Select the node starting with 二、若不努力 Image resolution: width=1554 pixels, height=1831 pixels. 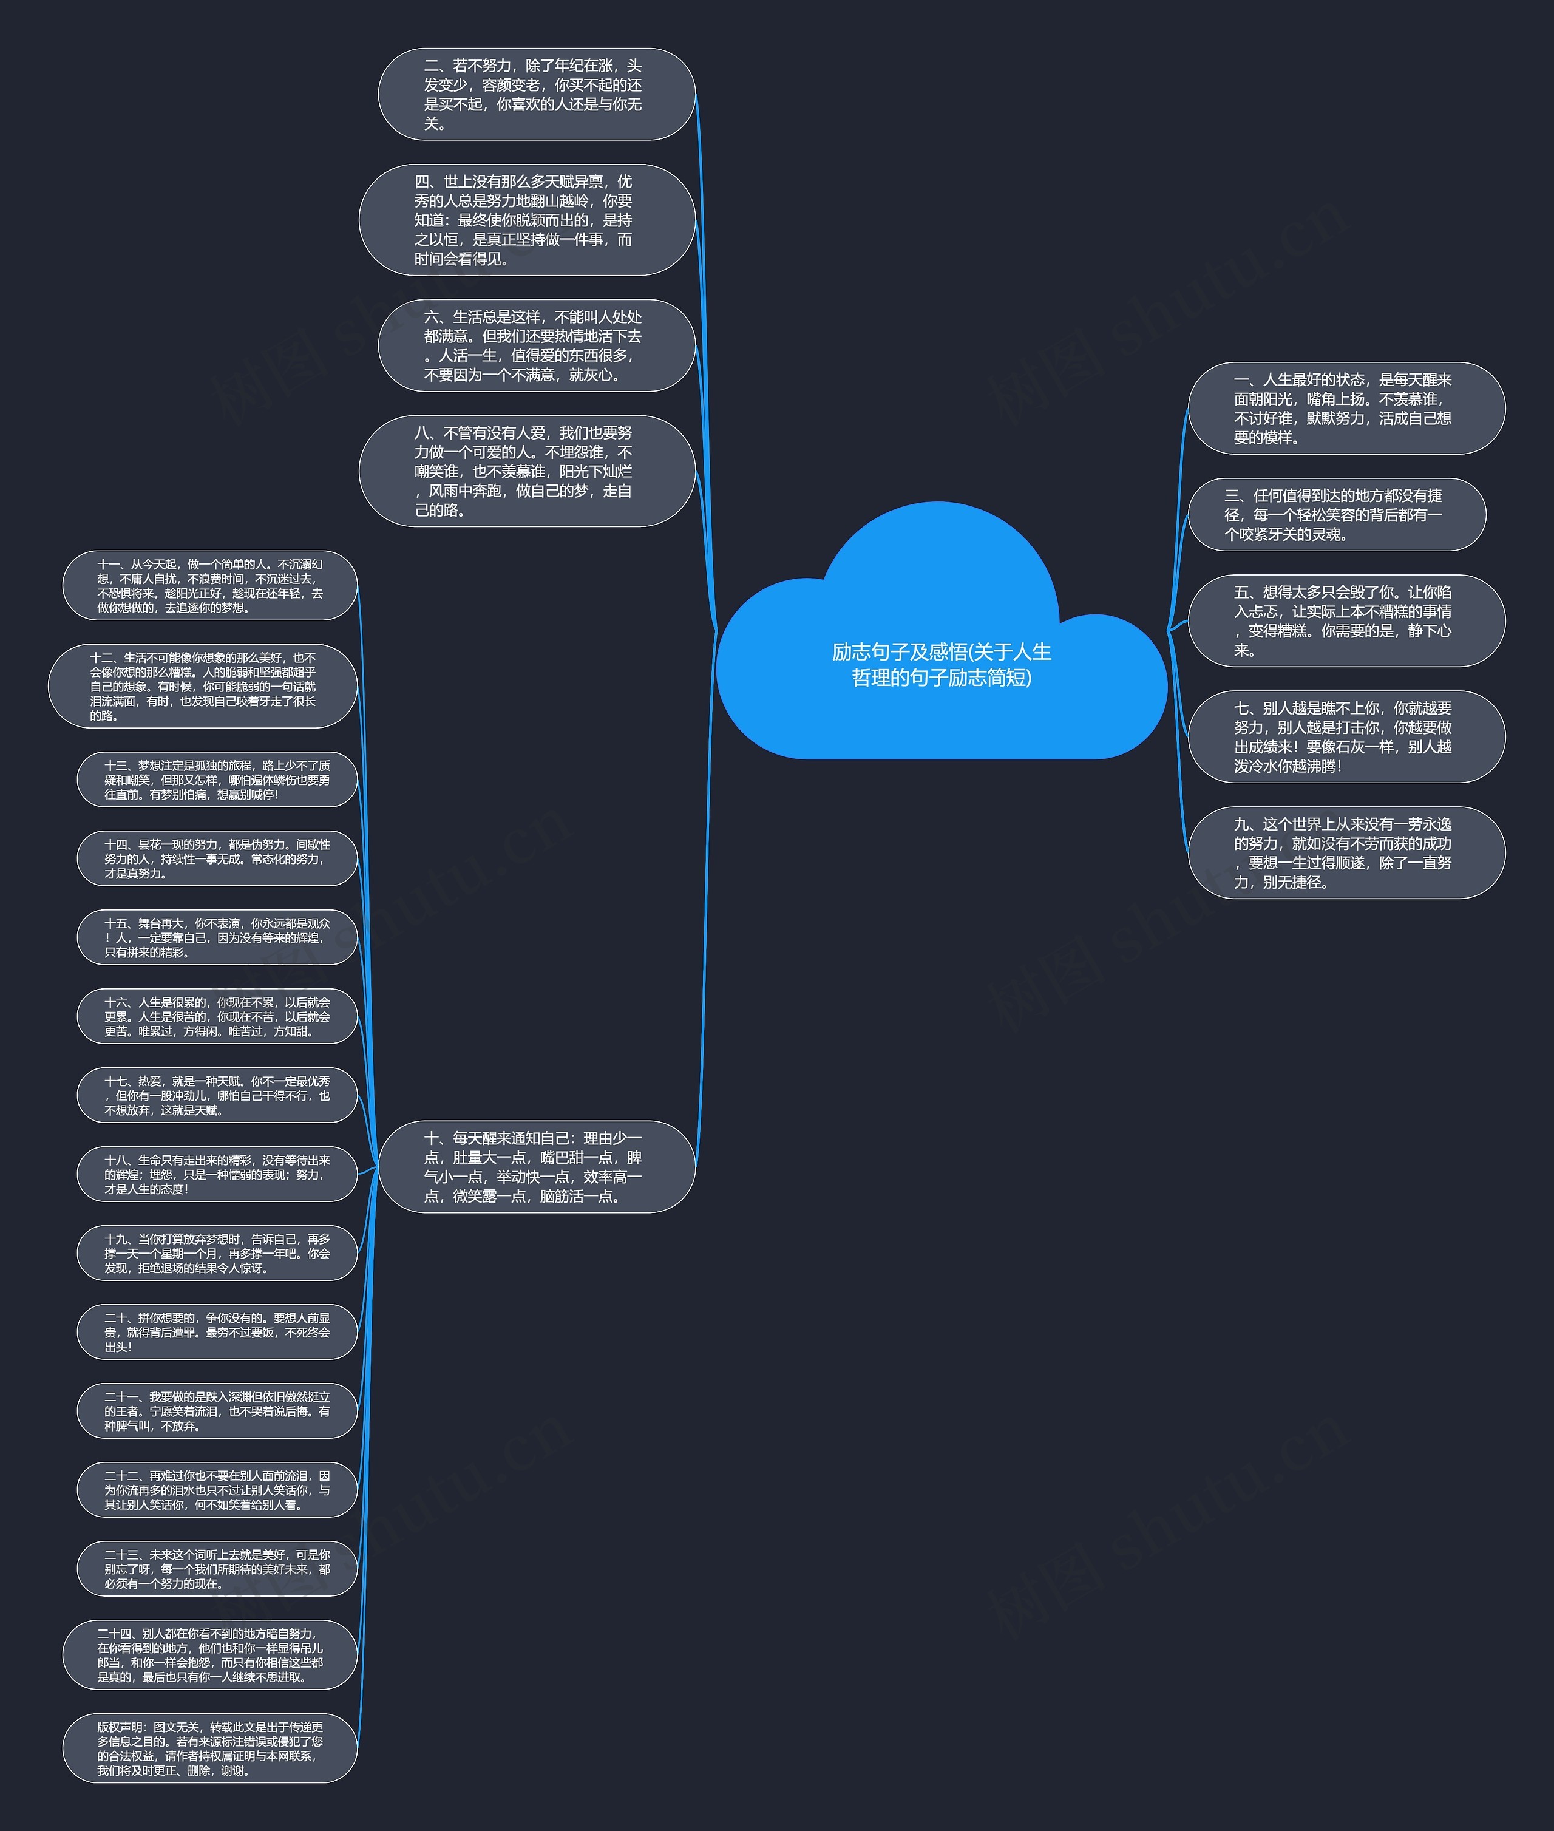[535, 94]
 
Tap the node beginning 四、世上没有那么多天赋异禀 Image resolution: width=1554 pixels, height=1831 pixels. [526, 219]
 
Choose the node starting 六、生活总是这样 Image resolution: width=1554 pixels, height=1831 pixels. [535, 345]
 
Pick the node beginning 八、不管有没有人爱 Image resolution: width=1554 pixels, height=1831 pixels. [526, 471]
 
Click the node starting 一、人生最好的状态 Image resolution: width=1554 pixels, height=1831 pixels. [1345, 408]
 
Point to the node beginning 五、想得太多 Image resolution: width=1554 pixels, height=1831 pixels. [1345, 621]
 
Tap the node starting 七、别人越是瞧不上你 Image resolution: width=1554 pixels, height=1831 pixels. [1345, 736]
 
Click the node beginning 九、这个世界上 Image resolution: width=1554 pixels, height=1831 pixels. [1345, 853]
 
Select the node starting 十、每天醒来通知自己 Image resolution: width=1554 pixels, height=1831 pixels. [535, 1167]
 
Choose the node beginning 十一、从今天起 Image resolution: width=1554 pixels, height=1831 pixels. [209, 585]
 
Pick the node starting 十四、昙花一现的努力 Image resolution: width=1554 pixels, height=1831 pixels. [217, 858]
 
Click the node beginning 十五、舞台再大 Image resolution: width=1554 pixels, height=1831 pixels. [217, 937]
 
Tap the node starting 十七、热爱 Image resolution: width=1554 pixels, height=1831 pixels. [217, 1095]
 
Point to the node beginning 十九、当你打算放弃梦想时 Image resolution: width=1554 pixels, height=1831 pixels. [217, 1253]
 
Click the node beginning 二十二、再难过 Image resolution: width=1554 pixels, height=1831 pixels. [217, 1489]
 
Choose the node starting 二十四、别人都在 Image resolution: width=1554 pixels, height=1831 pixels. [209, 1655]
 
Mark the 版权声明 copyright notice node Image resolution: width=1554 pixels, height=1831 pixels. [209, 1748]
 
